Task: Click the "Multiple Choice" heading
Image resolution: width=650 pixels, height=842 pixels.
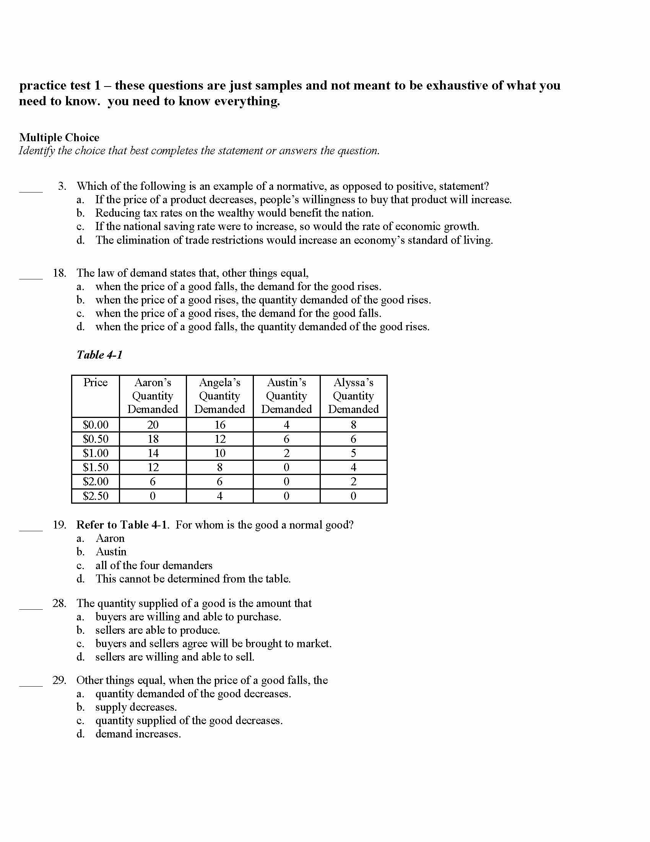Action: tap(59, 138)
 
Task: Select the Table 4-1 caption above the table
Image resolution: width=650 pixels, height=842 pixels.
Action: tap(99, 355)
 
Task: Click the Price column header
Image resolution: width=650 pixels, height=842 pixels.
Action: tap(96, 382)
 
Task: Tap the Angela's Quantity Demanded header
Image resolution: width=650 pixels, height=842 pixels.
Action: tap(219, 396)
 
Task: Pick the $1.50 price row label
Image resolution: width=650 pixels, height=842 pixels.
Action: tap(96, 467)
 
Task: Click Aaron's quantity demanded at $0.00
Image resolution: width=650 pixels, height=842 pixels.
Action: tap(153, 425)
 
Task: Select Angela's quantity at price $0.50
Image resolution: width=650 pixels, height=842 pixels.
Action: tap(220, 439)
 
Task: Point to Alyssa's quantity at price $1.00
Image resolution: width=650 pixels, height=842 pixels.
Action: tap(354, 453)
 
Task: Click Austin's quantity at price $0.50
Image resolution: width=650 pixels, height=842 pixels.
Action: tap(286, 439)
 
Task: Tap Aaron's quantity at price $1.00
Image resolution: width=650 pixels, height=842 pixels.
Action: tap(153, 453)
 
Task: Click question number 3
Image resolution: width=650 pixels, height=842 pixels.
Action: tap(62, 186)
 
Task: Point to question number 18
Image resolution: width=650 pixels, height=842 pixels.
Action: tap(59, 273)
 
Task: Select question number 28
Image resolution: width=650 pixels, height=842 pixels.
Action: tap(59, 603)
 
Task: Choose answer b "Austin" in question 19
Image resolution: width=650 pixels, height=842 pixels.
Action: tap(111, 552)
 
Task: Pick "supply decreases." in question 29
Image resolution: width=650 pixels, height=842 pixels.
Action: tap(136, 707)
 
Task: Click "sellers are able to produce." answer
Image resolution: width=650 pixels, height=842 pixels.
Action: tap(158, 630)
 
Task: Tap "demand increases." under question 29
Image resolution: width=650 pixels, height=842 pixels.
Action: tap(138, 734)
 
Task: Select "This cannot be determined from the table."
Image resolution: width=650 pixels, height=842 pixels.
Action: tap(193, 579)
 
